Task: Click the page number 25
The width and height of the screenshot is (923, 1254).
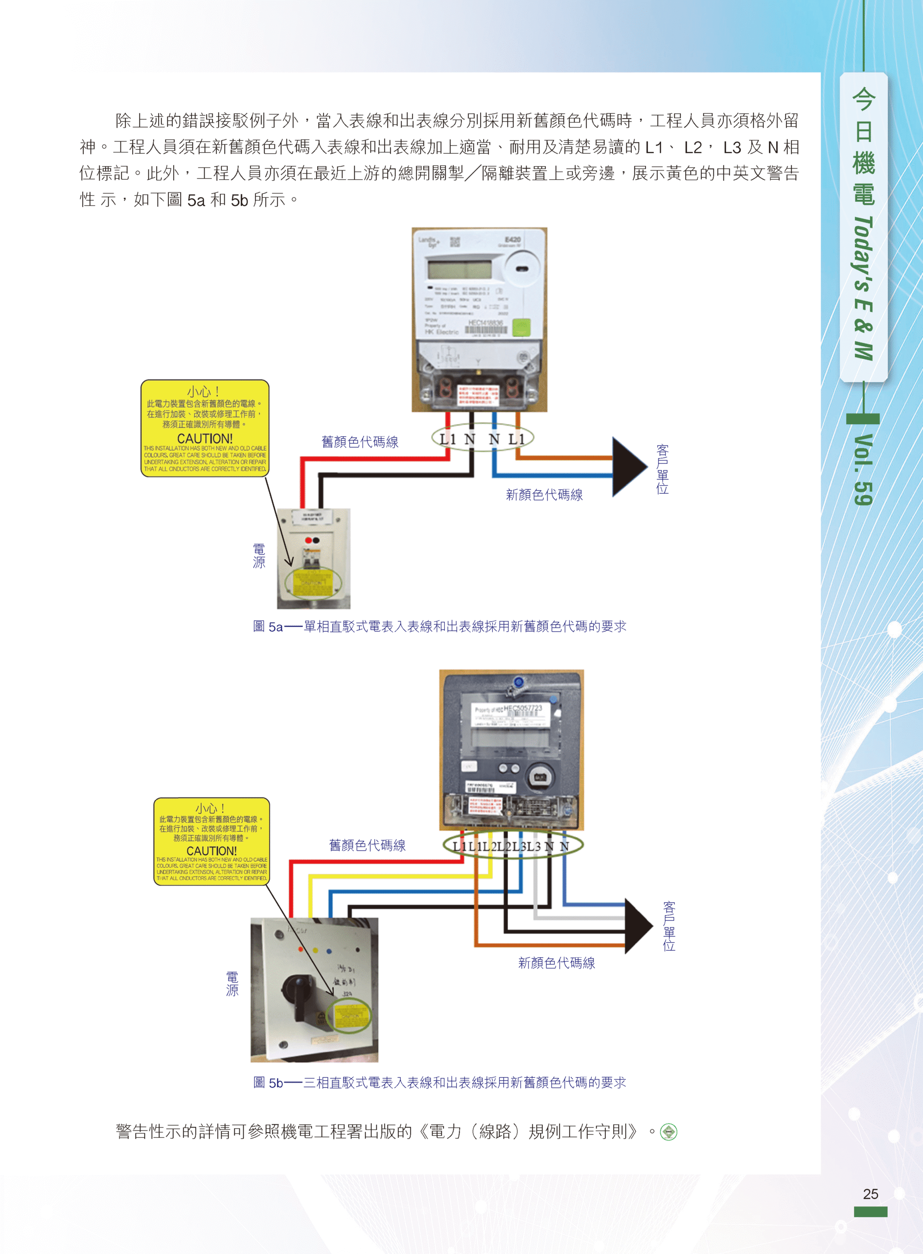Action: (x=870, y=1194)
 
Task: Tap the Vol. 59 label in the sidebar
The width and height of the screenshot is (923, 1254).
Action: (x=863, y=470)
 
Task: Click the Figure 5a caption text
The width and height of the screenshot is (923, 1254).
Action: (x=439, y=626)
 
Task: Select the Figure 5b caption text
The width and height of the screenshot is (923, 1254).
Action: (x=439, y=1083)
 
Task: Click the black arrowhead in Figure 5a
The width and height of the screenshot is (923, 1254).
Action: (x=628, y=467)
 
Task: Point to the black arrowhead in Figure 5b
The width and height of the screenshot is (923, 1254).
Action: (x=638, y=926)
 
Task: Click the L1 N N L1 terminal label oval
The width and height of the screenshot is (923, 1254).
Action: (x=482, y=439)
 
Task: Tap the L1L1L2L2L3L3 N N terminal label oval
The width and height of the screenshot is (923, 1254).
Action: (x=512, y=846)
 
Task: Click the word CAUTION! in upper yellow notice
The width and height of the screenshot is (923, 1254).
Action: (x=205, y=439)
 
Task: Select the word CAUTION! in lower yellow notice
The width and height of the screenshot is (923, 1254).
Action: (x=211, y=850)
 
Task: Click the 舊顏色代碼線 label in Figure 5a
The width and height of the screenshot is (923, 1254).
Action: (x=359, y=442)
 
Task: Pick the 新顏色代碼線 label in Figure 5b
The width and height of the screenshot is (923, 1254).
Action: (x=556, y=963)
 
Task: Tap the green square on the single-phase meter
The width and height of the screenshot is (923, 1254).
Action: (x=521, y=327)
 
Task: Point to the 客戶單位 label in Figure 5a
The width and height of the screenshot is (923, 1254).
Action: (x=662, y=470)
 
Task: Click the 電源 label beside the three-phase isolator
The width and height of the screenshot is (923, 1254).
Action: (x=232, y=984)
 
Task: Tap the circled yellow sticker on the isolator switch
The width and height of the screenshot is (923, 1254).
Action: (x=351, y=1016)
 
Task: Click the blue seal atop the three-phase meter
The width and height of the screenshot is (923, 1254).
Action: (x=518, y=682)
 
